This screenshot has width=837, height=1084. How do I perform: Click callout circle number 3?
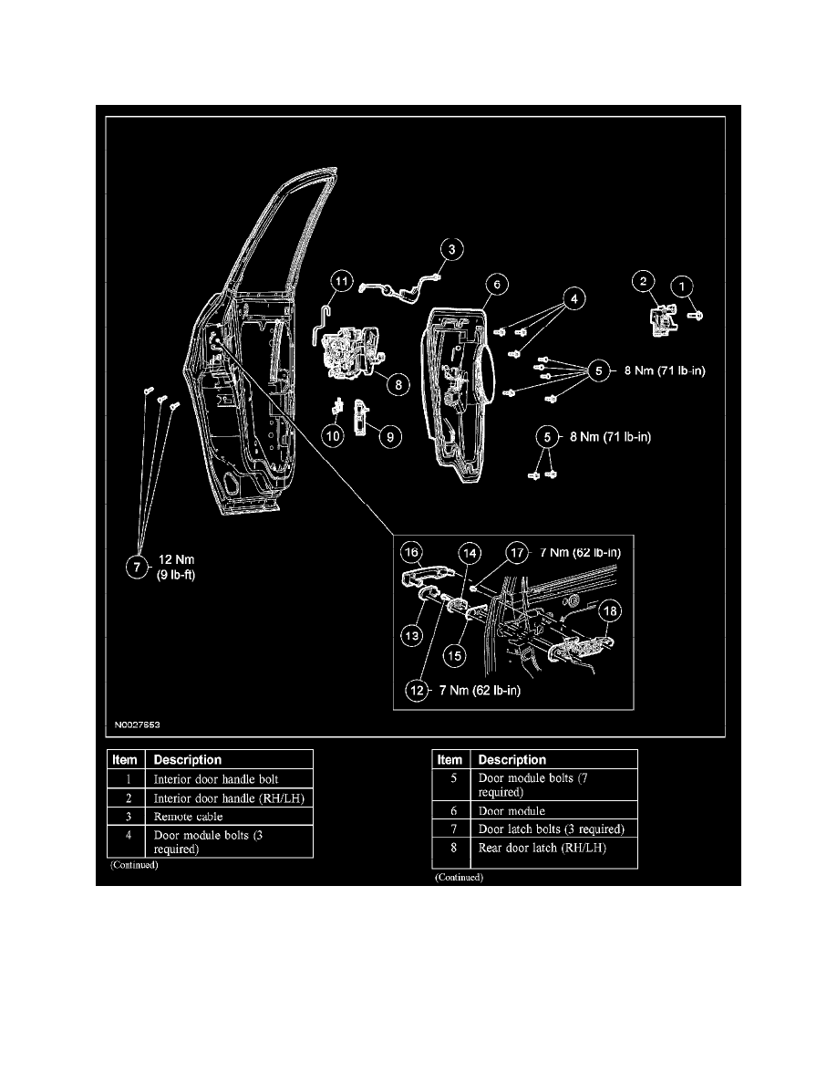[451, 249]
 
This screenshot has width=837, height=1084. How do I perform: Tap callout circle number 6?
[497, 284]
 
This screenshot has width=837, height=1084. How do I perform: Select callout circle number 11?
[342, 281]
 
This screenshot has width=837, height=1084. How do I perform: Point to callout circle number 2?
[644, 281]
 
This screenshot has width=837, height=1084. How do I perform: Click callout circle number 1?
[682, 287]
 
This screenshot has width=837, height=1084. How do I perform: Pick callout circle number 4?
[573, 298]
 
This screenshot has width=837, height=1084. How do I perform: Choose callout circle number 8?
[398, 384]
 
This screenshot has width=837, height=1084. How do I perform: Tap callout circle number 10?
[333, 436]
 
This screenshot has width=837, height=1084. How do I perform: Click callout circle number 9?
[390, 437]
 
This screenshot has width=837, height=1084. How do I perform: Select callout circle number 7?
[137, 568]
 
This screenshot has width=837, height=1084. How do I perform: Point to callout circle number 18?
[610, 611]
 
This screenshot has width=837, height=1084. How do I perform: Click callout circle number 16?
[411, 552]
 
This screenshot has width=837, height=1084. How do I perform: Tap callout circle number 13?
[412, 635]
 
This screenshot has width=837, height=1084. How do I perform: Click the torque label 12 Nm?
[177, 559]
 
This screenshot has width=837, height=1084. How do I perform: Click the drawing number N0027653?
[138, 724]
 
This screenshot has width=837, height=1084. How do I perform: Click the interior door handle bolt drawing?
[696, 315]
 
